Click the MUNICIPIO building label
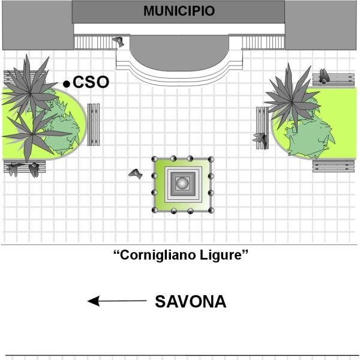(x=179, y=11)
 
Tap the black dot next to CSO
(x=67, y=84)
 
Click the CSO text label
(x=91, y=82)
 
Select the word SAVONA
(x=191, y=301)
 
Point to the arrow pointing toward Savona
(x=117, y=301)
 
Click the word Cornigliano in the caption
(x=156, y=255)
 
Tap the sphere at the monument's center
(x=182, y=183)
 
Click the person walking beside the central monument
(x=136, y=173)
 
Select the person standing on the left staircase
(x=118, y=42)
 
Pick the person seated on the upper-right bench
(x=324, y=76)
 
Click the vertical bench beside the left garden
(x=94, y=124)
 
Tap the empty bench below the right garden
(x=334, y=166)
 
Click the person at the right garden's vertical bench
(x=261, y=140)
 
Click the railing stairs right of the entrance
(x=263, y=42)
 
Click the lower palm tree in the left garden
(x=32, y=133)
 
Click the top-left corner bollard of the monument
(x=155, y=159)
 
